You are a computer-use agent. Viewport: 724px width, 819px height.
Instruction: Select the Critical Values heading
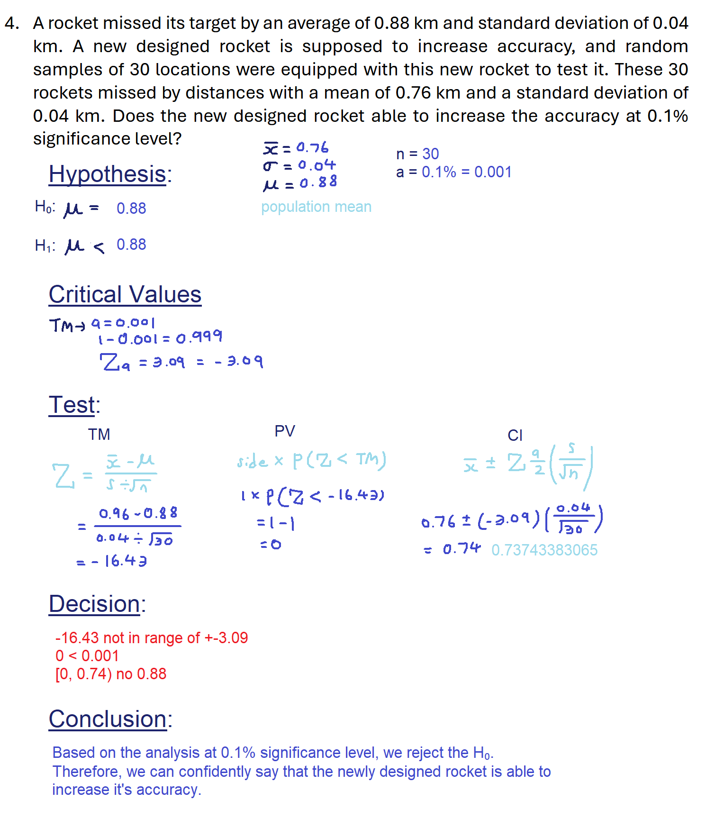(x=125, y=294)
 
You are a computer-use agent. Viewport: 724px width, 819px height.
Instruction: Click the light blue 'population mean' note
(x=316, y=207)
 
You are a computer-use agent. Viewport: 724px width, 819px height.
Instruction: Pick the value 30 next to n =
(x=430, y=154)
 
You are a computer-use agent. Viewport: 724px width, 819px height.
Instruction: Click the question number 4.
(x=11, y=23)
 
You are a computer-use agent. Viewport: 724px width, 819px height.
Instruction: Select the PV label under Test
(x=285, y=431)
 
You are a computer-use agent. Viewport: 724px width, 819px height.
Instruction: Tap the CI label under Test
(x=515, y=435)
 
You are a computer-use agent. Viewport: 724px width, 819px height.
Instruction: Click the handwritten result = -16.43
(x=113, y=561)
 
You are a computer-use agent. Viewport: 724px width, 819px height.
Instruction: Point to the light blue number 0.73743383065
(x=544, y=550)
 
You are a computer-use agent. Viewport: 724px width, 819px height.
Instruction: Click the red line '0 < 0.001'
(x=87, y=655)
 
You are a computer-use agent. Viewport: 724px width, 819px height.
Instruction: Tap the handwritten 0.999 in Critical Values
(x=199, y=337)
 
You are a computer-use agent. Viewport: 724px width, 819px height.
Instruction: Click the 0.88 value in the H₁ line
(x=131, y=245)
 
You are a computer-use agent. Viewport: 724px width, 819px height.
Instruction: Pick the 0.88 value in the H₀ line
(x=131, y=208)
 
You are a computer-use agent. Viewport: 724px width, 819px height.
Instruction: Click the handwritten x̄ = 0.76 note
(x=296, y=148)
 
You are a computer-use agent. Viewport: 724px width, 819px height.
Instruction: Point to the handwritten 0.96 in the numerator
(x=114, y=513)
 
